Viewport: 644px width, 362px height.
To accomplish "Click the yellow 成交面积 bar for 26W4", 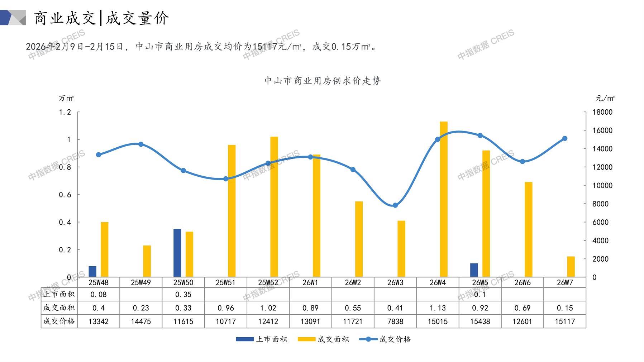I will (444, 199).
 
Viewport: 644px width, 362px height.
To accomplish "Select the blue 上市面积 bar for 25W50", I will (177, 253).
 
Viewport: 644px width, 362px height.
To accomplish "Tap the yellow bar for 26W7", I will (571, 267).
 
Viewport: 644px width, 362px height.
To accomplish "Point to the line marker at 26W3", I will (395, 205).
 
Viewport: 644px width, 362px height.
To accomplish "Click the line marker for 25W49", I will (141, 144).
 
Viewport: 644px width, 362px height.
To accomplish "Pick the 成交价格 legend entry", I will (385, 339).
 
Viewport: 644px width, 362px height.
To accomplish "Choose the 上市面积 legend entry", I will (262, 339).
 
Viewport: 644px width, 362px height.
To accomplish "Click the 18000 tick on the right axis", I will (602, 112).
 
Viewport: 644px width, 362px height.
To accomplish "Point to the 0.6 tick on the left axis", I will (65, 195).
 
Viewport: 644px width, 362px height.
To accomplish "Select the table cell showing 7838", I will (395, 321).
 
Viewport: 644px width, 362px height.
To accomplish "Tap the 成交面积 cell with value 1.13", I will (438, 308).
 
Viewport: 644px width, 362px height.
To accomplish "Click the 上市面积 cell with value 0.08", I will (99, 295).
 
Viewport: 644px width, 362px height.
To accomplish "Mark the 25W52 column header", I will (268, 282).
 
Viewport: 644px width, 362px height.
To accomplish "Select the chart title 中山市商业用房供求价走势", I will (322, 81).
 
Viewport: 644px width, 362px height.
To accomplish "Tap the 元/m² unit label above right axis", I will (605, 98).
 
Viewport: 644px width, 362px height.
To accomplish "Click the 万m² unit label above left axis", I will (66, 98).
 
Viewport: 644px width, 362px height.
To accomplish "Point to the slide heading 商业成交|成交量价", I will (101, 18).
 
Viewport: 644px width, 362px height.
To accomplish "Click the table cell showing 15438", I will (480, 321).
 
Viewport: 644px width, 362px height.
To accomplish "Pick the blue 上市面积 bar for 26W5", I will (474, 270).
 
